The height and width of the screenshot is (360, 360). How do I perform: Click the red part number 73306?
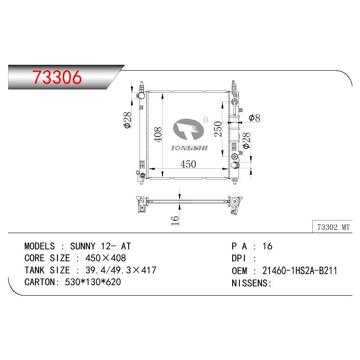pyautogui.click(x=57, y=77)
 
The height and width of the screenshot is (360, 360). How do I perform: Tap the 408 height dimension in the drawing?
pyautogui.click(x=158, y=135)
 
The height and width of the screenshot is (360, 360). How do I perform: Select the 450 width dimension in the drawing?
pyautogui.click(x=188, y=164)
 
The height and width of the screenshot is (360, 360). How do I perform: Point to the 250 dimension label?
pyautogui.click(x=218, y=129)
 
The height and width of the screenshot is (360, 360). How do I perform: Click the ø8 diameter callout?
pyautogui.click(x=254, y=118)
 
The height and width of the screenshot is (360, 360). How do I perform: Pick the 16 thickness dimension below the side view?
pyautogui.click(x=175, y=220)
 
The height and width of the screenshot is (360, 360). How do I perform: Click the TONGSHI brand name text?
pyautogui.click(x=189, y=148)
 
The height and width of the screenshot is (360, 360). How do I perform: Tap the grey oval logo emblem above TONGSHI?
pyautogui.click(x=188, y=129)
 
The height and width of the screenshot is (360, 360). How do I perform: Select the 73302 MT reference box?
pyautogui.click(x=332, y=227)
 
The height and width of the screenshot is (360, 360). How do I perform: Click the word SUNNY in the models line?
pyautogui.click(x=83, y=246)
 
